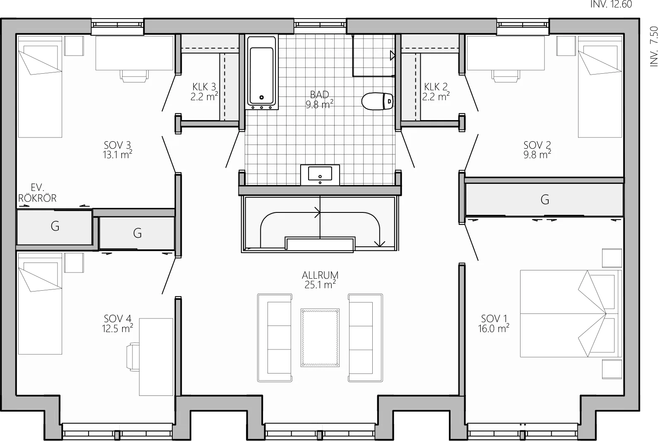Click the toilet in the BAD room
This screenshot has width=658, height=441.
point(378,101)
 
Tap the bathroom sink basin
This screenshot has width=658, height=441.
point(320,174)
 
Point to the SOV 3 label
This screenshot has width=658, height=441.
point(117,145)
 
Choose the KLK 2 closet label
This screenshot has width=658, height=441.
point(436,87)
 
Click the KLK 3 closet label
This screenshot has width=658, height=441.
point(204,87)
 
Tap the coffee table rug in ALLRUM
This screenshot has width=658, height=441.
point(320,337)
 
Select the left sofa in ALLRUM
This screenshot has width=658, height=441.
point(275,338)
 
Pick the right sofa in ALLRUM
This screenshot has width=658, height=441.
point(365,338)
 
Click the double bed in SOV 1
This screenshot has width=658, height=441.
point(571,314)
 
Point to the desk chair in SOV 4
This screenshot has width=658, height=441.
point(133,357)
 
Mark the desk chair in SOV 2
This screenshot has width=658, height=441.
point(505,76)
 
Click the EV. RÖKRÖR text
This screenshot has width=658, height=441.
point(37,193)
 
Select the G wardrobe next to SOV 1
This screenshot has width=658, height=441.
point(544,200)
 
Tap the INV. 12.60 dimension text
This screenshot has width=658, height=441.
point(611,5)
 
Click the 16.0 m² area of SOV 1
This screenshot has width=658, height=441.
point(494,328)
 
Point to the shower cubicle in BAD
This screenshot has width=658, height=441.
point(374,55)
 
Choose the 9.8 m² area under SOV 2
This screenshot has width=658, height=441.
point(537,154)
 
